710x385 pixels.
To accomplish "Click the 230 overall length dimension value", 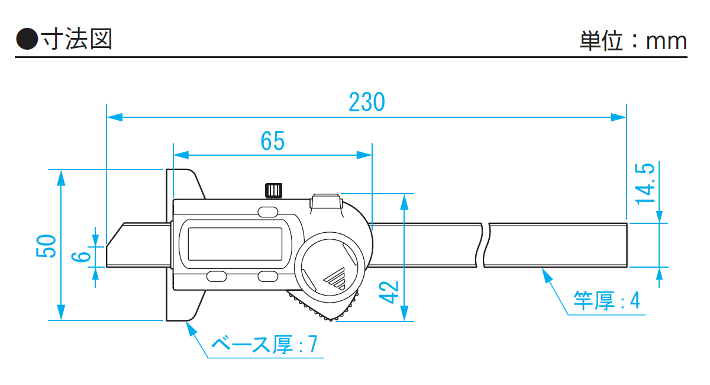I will (x=366, y=102).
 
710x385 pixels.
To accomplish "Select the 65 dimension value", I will (x=272, y=141).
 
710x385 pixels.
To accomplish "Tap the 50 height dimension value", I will (x=48, y=245).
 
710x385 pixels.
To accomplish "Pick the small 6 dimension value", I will (x=83, y=257).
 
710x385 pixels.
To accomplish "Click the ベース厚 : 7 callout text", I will (x=264, y=344).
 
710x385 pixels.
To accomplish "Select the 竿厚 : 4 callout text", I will (x=606, y=300).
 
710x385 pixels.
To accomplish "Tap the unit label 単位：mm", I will (x=632, y=41).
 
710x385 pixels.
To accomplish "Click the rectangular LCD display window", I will (x=235, y=243).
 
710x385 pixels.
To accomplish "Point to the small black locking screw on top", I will (x=272, y=190).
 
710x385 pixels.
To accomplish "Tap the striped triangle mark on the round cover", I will (x=335, y=277).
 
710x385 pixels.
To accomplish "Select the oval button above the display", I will (x=267, y=211).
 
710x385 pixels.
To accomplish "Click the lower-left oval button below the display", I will (x=217, y=276).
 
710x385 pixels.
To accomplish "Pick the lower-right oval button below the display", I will (x=267, y=276).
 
